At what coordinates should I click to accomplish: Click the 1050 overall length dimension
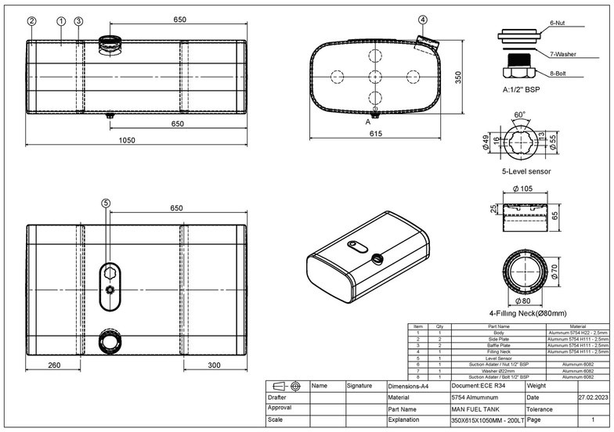tap(127, 141)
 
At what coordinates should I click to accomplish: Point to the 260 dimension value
tap(54, 365)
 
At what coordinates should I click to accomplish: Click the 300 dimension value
tap(214, 365)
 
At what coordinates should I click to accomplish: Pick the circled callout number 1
tap(61, 21)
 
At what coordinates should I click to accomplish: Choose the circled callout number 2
tap(31, 21)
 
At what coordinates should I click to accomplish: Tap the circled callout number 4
tap(423, 20)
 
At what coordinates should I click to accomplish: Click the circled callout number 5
tap(106, 203)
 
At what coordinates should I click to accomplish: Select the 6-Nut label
tap(561, 24)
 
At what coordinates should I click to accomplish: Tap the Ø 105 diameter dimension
tap(523, 189)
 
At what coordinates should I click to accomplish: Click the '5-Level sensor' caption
tap(526, 171)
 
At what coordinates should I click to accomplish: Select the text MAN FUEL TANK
tap(477, 409)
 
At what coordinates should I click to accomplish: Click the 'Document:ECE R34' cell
tap(479, 386)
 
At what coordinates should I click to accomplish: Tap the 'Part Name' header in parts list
tap(498, 326)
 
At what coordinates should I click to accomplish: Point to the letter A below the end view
tap(367, 122)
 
